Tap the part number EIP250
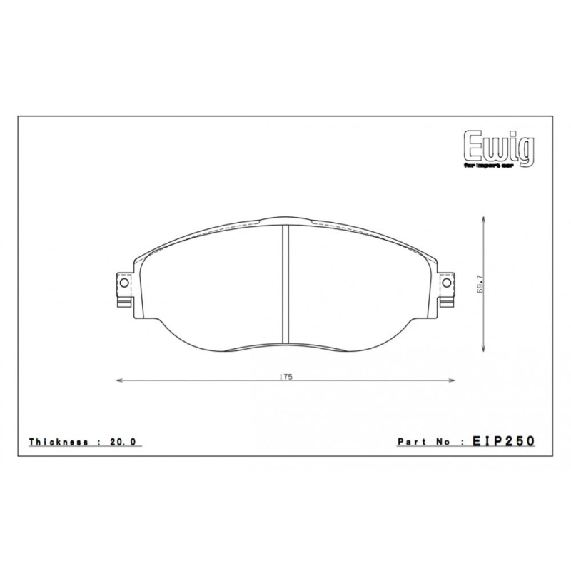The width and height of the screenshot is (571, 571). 504,443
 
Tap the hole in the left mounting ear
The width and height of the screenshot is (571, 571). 124,283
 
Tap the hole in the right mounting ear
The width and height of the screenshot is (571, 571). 448,283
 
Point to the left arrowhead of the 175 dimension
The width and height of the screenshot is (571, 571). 118,380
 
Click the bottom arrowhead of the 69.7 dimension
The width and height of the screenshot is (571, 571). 485,348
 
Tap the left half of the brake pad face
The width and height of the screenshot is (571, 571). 214,285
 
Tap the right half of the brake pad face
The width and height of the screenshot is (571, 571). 357,285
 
